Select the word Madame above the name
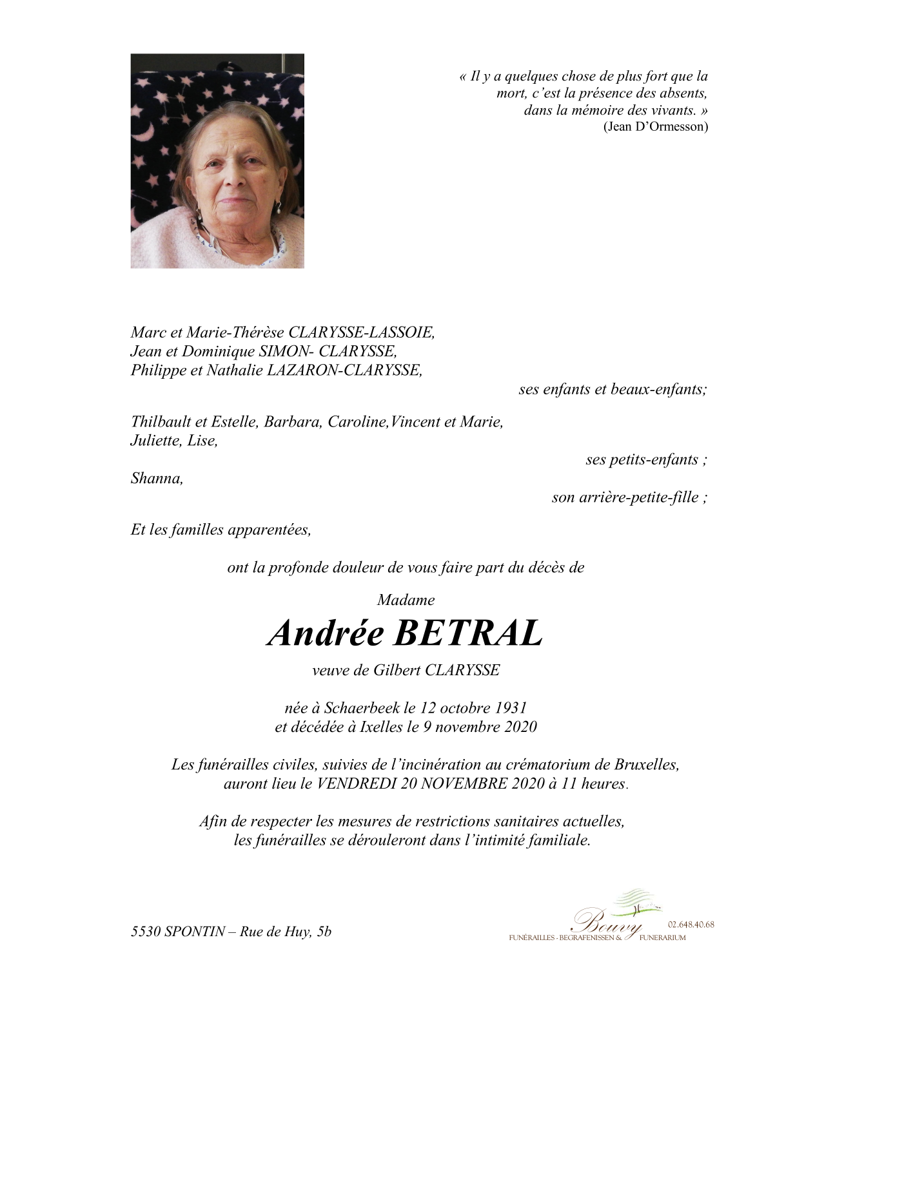point(406,600)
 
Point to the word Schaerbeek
point(362,707)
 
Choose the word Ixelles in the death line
point(381,727)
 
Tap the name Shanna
point(157,478)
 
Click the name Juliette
point(155,441)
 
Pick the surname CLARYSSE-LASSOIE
point(361,332)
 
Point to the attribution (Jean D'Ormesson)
point(655,126)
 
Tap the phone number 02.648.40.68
point(691,925)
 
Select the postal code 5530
point(146,932)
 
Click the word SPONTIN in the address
point(195,932)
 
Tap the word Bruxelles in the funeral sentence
point(645,765)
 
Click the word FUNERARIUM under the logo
point(662,938)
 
